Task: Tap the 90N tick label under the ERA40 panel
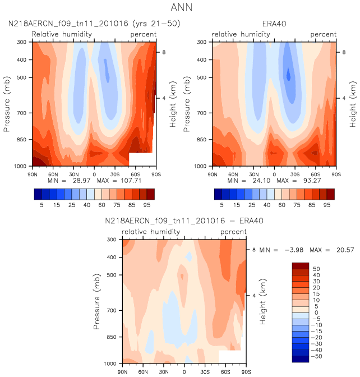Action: click(213, 173)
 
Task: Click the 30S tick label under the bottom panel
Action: click(205, 371)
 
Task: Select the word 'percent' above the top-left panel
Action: click(143, 35)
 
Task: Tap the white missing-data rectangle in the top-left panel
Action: click(141, 159)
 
